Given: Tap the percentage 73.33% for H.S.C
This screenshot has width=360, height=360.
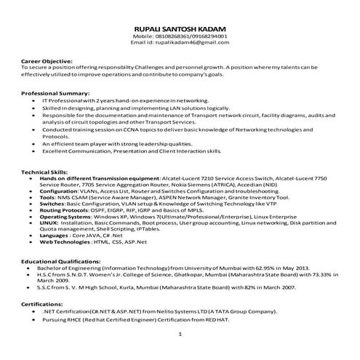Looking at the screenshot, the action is [x=328, y=274].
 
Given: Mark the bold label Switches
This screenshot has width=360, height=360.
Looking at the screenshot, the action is [x=52, y=204].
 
